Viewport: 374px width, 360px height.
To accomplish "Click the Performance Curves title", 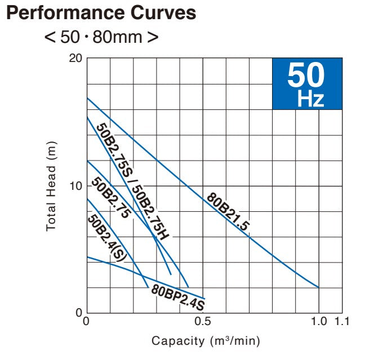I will pos(101,13).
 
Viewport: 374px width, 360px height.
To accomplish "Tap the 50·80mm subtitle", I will pos(101,37).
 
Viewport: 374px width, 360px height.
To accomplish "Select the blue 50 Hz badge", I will pos(306,84).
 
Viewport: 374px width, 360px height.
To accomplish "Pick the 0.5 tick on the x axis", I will pos(203,322).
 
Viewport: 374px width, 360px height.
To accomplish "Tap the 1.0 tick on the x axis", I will pos(318,322).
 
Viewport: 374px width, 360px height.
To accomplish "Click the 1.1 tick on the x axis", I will pos(342,322).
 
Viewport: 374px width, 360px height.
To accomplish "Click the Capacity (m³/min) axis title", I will pos(206,341).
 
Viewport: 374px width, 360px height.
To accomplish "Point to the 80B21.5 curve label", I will pos(228,212).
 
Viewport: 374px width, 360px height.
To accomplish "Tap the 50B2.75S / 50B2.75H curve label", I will pos(132,180).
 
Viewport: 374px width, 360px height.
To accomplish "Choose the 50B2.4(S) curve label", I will pos(107,237).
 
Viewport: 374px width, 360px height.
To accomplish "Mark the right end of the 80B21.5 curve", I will pos(319,287).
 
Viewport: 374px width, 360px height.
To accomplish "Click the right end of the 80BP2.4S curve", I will pos(204,298).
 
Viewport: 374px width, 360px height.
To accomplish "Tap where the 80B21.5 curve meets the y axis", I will pos(87,99).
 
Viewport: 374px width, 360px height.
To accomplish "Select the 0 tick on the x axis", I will pos(86,322).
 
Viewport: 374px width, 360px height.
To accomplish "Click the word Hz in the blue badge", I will pos(311,100).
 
